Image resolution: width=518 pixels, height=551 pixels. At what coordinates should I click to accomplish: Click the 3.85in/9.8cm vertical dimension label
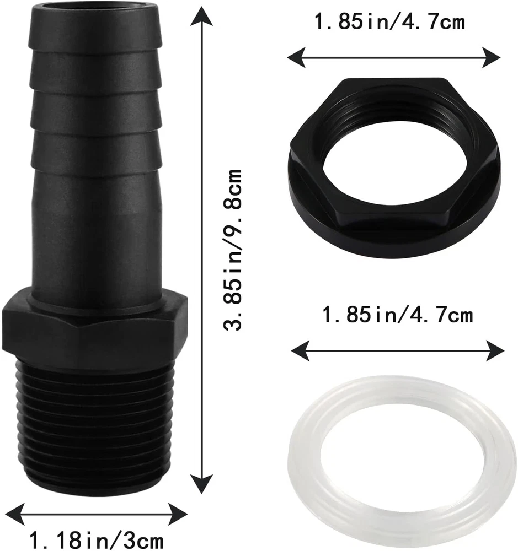[233, 250]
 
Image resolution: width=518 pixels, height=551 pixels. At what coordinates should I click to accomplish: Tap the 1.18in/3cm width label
[97, 539]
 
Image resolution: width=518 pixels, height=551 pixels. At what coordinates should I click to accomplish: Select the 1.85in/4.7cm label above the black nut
[389, 21]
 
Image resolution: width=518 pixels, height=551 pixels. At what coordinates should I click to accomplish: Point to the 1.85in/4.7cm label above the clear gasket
[397, 314]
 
